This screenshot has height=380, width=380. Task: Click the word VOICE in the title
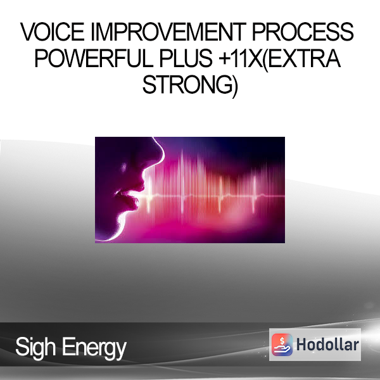click(53, 32)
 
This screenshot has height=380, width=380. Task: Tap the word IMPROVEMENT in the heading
click(168, 32)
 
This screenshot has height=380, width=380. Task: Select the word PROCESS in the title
click(303, 32)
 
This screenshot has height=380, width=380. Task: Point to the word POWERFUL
click(94, 58)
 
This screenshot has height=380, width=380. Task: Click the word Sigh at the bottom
click(35, 348)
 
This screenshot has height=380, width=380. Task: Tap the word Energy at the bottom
click(94, 349)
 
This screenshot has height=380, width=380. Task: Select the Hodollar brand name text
click(327, 345)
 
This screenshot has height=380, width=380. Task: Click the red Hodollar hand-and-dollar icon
click(282, 345)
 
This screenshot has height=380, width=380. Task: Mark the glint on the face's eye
click(123, 167)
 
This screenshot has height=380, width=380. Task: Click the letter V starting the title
click(28, 32)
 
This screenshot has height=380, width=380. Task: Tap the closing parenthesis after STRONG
click(235, 87)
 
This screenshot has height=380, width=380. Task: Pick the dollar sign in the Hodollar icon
click(282, 341)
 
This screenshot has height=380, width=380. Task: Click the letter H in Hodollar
click(301, 345)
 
